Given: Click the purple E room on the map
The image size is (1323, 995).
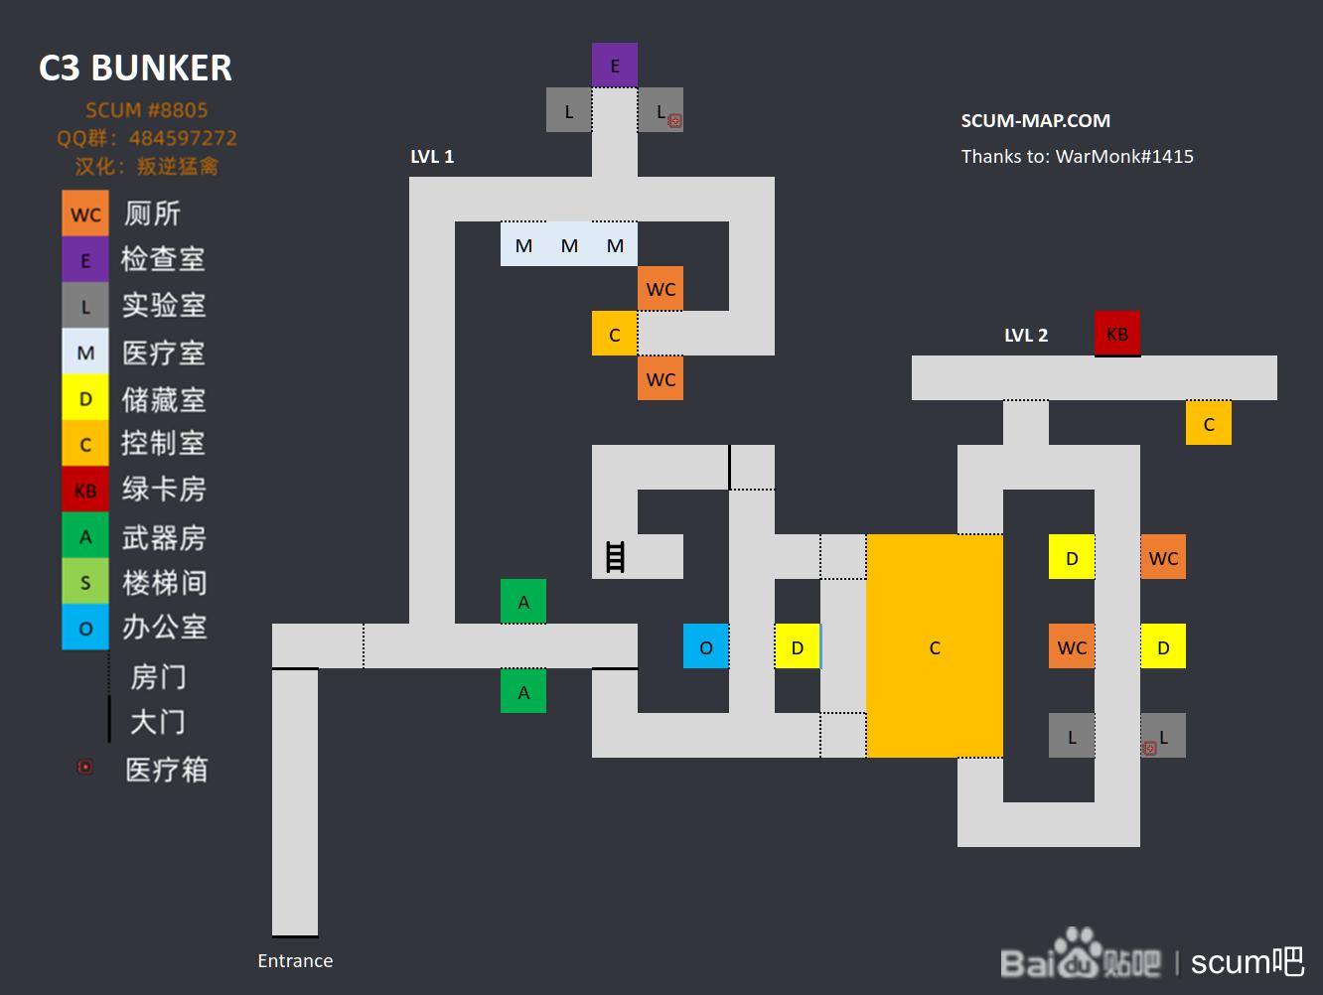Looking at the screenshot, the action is tap(614, 66).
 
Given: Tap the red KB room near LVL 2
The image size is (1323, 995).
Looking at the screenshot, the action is tap(1116, 333).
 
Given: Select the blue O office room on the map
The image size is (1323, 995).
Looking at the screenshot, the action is tap(706, 646).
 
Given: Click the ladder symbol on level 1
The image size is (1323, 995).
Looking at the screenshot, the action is tap(615, 557).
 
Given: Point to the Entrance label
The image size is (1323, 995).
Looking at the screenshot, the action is tap(295, 960).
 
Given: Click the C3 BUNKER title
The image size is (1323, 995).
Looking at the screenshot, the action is tap(136, 68).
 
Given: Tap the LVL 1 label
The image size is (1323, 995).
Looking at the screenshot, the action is tap(432, 157).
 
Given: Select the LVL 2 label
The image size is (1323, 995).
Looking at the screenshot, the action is tap(1026, 335).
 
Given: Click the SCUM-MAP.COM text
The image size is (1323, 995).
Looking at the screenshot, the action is tap(1036, 120).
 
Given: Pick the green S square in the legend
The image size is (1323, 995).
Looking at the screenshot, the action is tap(85, 581).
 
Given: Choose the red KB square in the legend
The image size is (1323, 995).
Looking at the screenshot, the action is tap(85, 490).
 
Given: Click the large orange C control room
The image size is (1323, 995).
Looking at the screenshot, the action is tap(935, 645).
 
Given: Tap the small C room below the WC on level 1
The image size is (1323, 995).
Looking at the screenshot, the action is tap(614, 334).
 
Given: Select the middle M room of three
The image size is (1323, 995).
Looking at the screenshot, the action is tap(569, 244).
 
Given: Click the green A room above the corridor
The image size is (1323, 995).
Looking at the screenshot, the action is tap(523, 601).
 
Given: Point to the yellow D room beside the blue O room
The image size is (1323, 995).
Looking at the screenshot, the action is tap(797, 646).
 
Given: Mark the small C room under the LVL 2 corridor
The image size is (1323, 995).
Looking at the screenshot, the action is tap(1209, 423).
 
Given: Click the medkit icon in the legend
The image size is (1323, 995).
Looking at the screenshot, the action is tap(85, 767).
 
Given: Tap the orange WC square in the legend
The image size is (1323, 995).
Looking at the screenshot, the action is tap(85, 213).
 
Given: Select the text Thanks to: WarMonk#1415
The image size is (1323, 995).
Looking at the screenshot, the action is tap(1077, 157).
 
